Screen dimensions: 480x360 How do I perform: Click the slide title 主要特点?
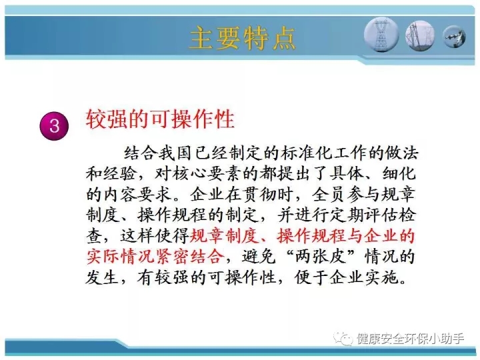(x=243, y=38)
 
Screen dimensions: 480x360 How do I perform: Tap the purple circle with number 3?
(x=54, y=126)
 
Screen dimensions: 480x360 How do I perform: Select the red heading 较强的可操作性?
(x=160, y=119)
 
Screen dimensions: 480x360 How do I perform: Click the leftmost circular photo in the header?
(x=381, y=35)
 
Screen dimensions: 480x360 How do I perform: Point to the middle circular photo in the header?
(x=420, y=35)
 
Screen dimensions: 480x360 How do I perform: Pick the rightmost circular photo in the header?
(x=455, y=37)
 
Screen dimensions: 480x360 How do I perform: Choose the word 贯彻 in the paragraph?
(x=259, y=195)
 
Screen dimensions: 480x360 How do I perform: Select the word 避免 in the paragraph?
(x=259, y=257)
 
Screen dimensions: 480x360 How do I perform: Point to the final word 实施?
(x=382, y=277)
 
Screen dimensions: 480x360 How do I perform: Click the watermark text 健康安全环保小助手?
(x=410, y=339)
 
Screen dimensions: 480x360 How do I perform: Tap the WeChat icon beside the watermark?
(x=343, y=338)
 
